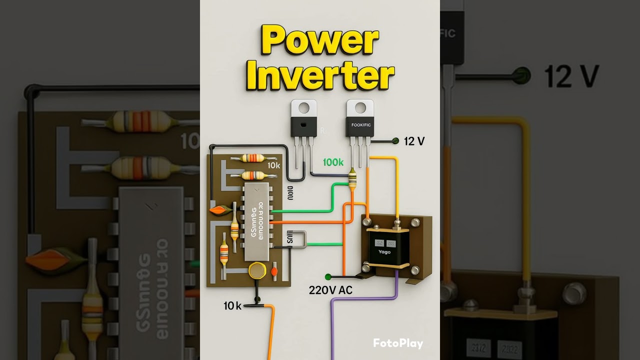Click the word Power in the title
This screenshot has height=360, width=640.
320,41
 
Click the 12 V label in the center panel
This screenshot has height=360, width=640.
414,141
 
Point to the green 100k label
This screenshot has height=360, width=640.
333,162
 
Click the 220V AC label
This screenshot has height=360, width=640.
330,290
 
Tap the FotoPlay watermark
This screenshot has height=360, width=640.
398,343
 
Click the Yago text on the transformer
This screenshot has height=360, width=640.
384,251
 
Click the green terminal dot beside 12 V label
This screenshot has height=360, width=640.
395,141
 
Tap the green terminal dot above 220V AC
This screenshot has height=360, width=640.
328,276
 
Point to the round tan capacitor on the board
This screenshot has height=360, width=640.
257,270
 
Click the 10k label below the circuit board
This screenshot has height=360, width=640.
232,305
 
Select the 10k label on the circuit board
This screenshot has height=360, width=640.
274,165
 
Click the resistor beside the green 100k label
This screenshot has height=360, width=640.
352,178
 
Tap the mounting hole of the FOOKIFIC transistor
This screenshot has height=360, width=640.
360,106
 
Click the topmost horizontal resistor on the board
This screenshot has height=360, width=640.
252,158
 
